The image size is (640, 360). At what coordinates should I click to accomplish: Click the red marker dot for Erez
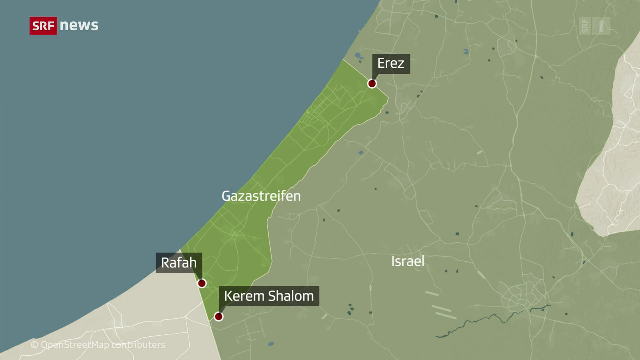372,83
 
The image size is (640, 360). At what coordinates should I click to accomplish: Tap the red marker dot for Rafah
202,283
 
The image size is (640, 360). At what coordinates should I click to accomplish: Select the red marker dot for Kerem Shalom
219,316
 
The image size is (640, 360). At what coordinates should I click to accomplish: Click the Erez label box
391,64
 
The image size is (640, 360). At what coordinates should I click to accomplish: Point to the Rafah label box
179,263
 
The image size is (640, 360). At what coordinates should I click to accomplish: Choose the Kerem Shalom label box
269,296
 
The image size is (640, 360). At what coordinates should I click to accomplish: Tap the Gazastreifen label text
261,196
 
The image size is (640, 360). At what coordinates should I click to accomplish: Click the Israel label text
408,261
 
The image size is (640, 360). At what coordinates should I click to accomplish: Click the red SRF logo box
43,26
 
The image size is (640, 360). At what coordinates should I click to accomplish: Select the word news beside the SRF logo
79,25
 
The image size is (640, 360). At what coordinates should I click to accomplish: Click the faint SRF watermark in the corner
594,26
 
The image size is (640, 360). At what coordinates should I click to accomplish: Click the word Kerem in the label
244,296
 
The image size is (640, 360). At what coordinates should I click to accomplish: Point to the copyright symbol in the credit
35,345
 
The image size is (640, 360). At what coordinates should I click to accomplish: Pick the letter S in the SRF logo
36,26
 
